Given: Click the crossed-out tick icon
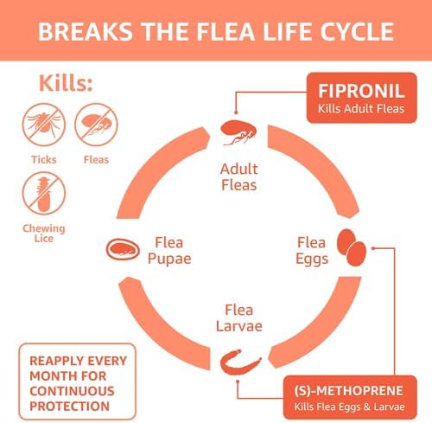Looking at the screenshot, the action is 44,125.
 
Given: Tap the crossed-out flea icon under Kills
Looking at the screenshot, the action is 96,125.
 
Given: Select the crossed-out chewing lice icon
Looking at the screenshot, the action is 44,193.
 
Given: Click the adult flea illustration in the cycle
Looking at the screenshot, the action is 238,132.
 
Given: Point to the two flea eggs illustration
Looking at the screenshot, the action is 352,247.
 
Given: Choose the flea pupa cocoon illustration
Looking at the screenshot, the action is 123,249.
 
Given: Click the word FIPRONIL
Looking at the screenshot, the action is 361,91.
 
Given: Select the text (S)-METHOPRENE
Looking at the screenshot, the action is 349,391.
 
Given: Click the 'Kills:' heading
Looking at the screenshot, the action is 66,83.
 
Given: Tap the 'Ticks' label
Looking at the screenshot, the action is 44,159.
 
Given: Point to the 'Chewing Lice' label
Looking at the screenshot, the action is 44,234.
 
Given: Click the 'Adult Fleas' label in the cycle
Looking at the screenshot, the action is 238,176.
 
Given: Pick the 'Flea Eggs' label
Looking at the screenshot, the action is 312,251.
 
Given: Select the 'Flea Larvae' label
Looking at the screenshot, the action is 239,318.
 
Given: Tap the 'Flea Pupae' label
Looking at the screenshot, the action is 169,250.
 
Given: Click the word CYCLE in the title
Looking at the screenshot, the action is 357,31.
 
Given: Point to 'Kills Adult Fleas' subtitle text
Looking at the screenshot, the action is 361,109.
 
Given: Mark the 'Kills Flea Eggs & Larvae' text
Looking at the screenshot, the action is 349,407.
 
